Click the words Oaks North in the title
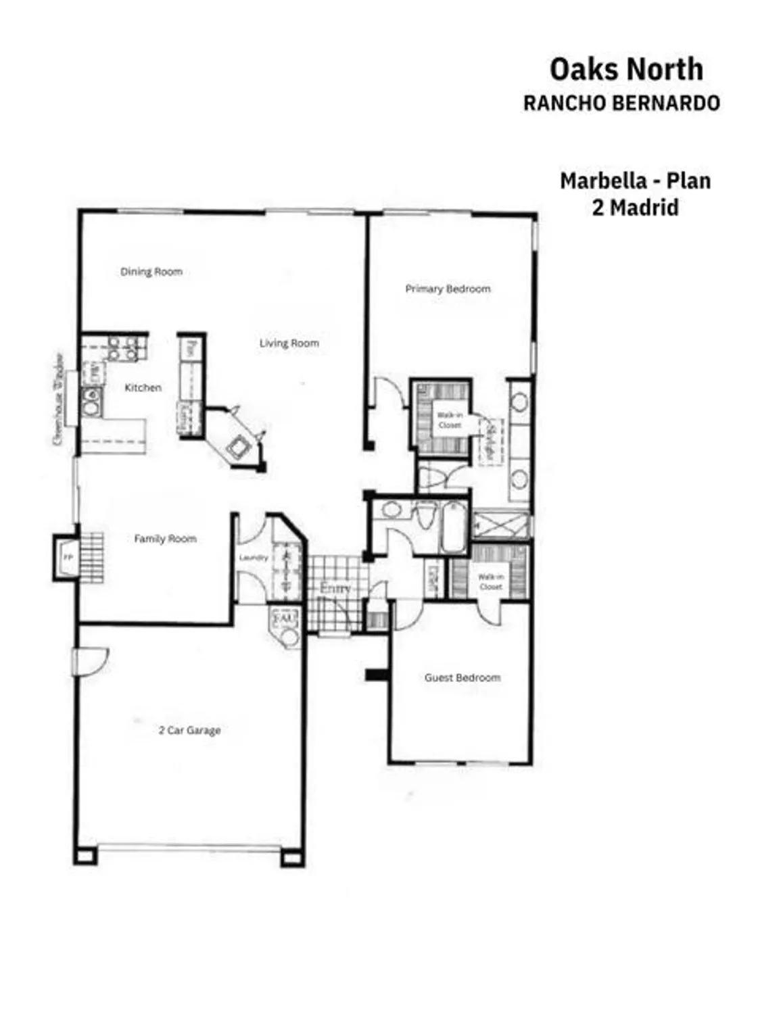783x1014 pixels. click(x=626, y=70)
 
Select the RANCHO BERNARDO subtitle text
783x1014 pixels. click(x=621, y=103)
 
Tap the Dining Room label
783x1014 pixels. click(x=151, y=272)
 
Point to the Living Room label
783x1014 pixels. click(x=289, y=343)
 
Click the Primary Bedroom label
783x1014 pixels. click(x=448, y=289)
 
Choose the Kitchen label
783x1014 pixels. click(x=143, y=387)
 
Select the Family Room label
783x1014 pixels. click(x=165, y=539)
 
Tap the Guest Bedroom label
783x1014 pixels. click(x=462, y=677)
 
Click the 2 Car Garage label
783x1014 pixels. click(x=189, y=730)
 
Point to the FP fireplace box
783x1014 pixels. click(x=67, y=558)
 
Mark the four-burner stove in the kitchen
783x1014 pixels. click(x=122, y=348)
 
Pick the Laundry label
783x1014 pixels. click(x=254, y=558)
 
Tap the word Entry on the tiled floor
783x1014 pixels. click(x=335, y=588)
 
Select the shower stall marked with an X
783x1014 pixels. click(x=500, y=525)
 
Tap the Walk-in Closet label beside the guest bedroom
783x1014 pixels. click(x=490, y=581)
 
